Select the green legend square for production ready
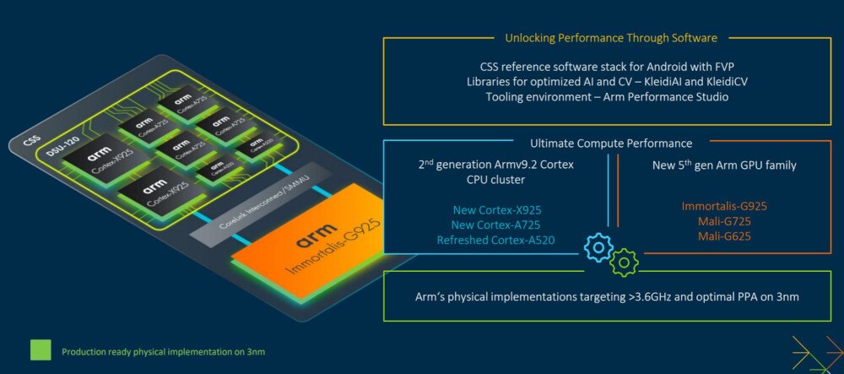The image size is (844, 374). pyautogui.click(x=41, y=350)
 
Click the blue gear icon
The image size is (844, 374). pyautogui.click(x=598, y=247)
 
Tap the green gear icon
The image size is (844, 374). pyautogui.click(x=625, y=263)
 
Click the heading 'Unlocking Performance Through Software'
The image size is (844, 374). pyautogui.click(x=611, y=38)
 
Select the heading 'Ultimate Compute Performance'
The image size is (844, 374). pyautogui.click(x=611, y=144)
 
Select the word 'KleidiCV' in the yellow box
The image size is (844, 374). pyautogui.click(x=724, y=82)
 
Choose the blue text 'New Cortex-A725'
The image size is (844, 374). pyautogui.click(x=496, y=224)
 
